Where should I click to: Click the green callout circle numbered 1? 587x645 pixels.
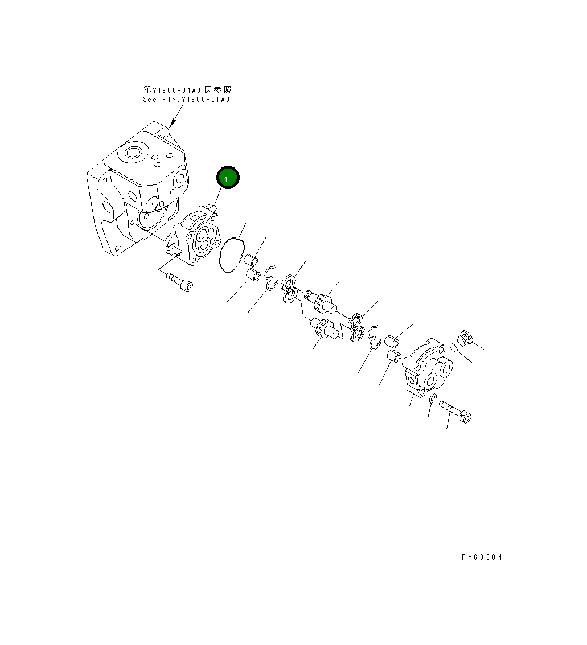point(228,178)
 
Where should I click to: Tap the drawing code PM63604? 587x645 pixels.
point(482,557)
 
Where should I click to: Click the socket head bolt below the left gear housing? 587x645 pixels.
point(179,282)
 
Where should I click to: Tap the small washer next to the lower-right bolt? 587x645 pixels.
point(433,397)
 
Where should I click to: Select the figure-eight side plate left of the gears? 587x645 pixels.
point(289,289)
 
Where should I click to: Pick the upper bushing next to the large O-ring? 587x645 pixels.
point(251,261)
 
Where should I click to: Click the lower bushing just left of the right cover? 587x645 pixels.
point(394,358)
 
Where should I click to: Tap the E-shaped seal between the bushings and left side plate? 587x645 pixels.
point(271,276)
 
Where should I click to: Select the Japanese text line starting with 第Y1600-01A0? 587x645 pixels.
point(187,90)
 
